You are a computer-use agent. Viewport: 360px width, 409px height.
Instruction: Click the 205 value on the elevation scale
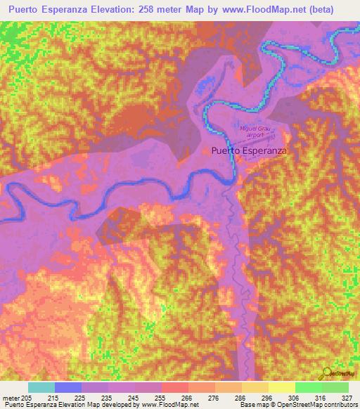click(x=25, y=397)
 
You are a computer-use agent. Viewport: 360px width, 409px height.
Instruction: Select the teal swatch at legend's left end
click(x=41, y=387)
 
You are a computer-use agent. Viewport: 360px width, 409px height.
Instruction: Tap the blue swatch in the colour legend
click(x=68, y=387)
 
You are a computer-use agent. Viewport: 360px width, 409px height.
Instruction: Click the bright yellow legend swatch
click(x=281, y=387)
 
